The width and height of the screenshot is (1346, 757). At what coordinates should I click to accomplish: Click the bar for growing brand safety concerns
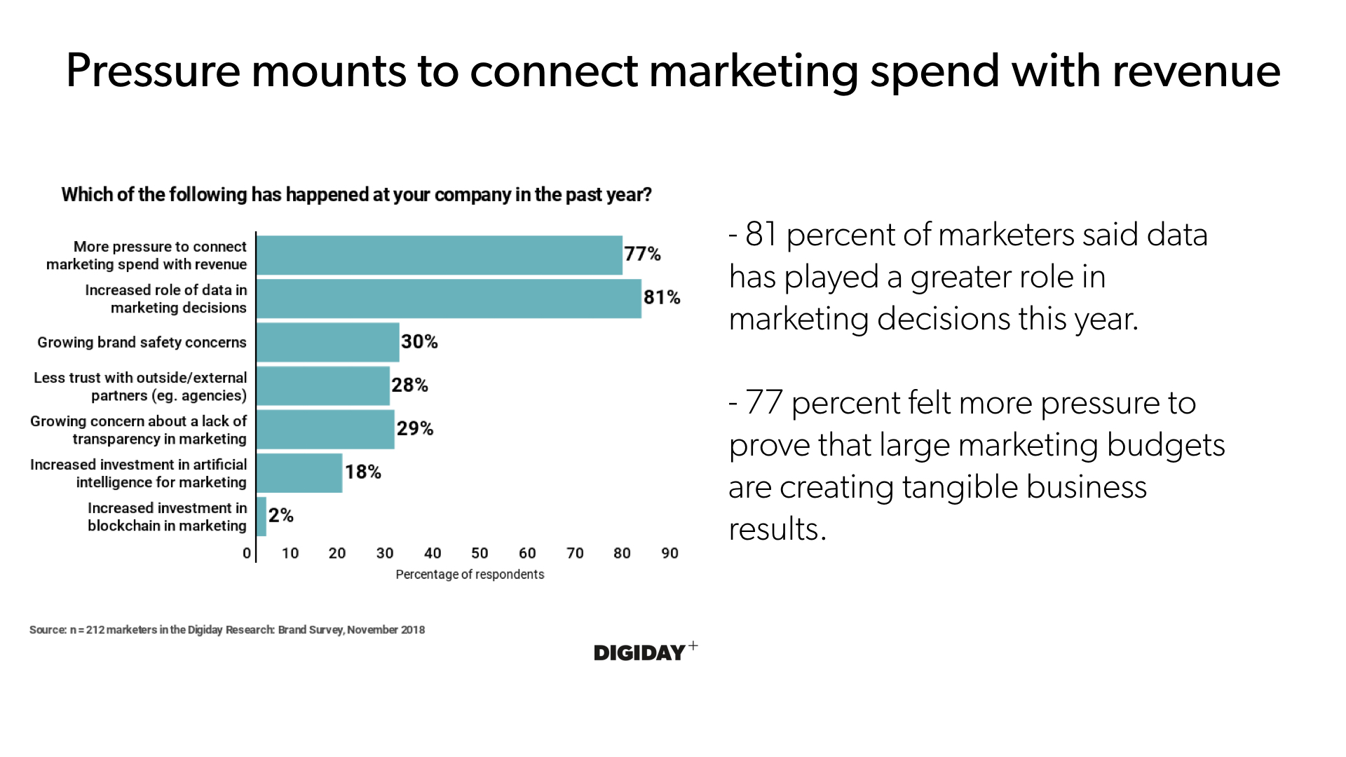(328, 342)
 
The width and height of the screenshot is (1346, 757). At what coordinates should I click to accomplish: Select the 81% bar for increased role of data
(449, 299)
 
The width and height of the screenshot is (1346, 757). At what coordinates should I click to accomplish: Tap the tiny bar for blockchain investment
(261, 517)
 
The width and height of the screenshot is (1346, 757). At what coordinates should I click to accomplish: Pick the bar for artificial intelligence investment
(299, 473)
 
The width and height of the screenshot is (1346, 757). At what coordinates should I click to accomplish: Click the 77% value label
(642, 254)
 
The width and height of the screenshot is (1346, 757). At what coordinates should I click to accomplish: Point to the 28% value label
(409, 385)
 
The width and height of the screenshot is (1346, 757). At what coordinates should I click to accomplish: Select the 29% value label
(415, 428)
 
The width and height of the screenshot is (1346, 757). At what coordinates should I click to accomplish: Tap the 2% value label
(280, 516)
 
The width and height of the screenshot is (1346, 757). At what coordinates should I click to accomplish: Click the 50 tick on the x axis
(480, 553)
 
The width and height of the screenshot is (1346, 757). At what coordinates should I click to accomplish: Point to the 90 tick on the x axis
(669, 553)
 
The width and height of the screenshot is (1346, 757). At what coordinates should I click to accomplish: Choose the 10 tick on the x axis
(290, 553)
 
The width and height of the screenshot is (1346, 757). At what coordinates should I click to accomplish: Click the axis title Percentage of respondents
(470, 575)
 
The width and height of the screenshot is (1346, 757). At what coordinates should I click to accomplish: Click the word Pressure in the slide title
(153, 71)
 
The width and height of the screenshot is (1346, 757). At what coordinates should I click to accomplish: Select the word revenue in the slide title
(1196, 71)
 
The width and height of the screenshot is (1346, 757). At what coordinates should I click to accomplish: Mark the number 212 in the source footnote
(95, 629)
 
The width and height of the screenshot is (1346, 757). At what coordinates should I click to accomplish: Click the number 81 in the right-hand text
(761, 235)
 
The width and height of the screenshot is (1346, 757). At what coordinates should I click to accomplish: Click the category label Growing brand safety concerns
(142, 342)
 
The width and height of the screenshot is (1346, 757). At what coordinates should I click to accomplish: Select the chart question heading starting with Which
(356, 195)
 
